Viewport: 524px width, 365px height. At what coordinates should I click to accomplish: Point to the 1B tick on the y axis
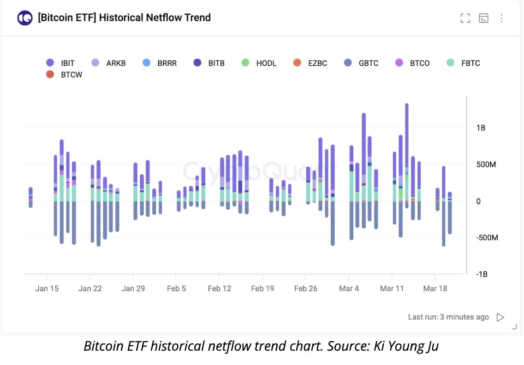[481, 128]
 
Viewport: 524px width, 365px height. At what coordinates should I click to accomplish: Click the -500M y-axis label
[487, 237]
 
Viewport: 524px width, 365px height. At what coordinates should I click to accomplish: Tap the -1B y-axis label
[482, 274]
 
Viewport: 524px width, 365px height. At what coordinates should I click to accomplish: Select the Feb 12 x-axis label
[220, 288]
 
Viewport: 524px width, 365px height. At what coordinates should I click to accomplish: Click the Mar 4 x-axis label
[349, 288]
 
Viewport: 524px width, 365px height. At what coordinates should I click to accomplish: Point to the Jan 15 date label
[47, 288]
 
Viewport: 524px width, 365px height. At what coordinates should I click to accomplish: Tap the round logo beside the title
[25, 18]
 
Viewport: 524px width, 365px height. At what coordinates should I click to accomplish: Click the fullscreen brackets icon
[465, 18]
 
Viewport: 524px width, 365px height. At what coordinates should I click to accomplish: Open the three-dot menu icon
[502, 18]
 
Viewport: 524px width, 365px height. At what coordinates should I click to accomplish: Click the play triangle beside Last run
[500, 317]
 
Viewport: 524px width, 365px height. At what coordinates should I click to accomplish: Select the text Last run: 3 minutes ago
[448, 317]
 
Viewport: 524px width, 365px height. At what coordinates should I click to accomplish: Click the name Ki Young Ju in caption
[408, 346]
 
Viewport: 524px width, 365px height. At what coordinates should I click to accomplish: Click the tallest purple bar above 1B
[407, 134]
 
